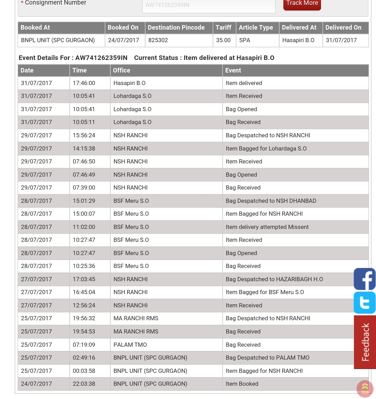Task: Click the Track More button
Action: click(x=302, y=4)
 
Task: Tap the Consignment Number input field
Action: click(x=209, y=6)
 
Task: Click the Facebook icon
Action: click(x=365, y=279)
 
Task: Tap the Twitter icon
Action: click(x=365, y=302)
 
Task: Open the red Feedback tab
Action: click(x=365, y=342)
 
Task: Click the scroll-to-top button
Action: click(x=365, y=389)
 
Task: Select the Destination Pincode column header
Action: click(x=176, y=28)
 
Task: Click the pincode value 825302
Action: click(x=158, y=40)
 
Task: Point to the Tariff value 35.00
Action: click(x=223, y=40)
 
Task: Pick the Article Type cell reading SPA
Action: click(x=245, y=40)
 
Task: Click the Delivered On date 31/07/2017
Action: click(x=341, y=40)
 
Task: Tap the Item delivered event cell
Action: click(x=244, y=83)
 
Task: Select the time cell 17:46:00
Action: click(x=84, y=83)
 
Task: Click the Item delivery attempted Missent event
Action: click(x=267, y=227)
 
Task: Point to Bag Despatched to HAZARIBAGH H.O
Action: click(x=274, y=279)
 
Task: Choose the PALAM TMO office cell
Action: click(x=130, y=345)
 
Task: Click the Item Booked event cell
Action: click(x=242, y=384)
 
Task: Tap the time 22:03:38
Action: click(x=84, y=384)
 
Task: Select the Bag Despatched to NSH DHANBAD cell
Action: click(x=271, y=201)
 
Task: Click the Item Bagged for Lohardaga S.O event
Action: click(x=266, y=149)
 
